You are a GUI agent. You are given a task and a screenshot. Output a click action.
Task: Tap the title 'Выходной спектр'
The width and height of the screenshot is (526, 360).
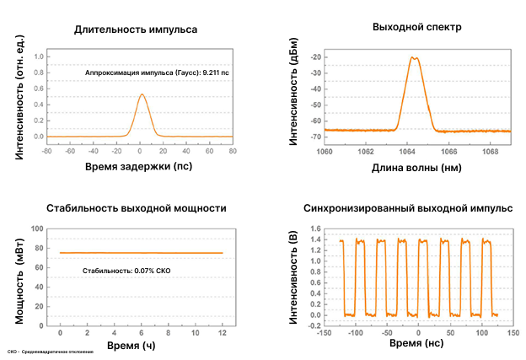(x=416, y=27)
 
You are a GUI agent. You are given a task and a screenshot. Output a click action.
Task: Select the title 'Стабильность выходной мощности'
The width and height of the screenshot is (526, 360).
(x=137, y=207)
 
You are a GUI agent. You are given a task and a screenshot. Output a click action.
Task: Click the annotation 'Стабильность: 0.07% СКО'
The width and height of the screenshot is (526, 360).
(x=126, y=270)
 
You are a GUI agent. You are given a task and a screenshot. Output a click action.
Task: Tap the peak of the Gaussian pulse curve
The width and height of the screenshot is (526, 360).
(x=142, y=95)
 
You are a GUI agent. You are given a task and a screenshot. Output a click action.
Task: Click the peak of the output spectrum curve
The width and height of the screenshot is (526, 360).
(x=414, y=58)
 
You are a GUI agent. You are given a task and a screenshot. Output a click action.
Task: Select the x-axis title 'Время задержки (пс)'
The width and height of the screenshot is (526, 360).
(x=139, y=168)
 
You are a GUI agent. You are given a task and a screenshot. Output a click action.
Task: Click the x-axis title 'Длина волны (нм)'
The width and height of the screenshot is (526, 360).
(x=416, y=168)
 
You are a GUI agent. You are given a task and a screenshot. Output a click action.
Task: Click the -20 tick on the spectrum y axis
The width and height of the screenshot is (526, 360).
(x=316, y=57)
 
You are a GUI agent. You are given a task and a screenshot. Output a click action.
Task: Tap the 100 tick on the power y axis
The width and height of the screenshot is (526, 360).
(x=37, y=228)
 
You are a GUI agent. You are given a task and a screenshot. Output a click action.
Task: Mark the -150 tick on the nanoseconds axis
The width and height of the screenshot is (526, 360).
(x=322, y=333)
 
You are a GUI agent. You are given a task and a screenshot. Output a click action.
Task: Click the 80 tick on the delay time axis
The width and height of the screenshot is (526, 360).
(x=233, y=153)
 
